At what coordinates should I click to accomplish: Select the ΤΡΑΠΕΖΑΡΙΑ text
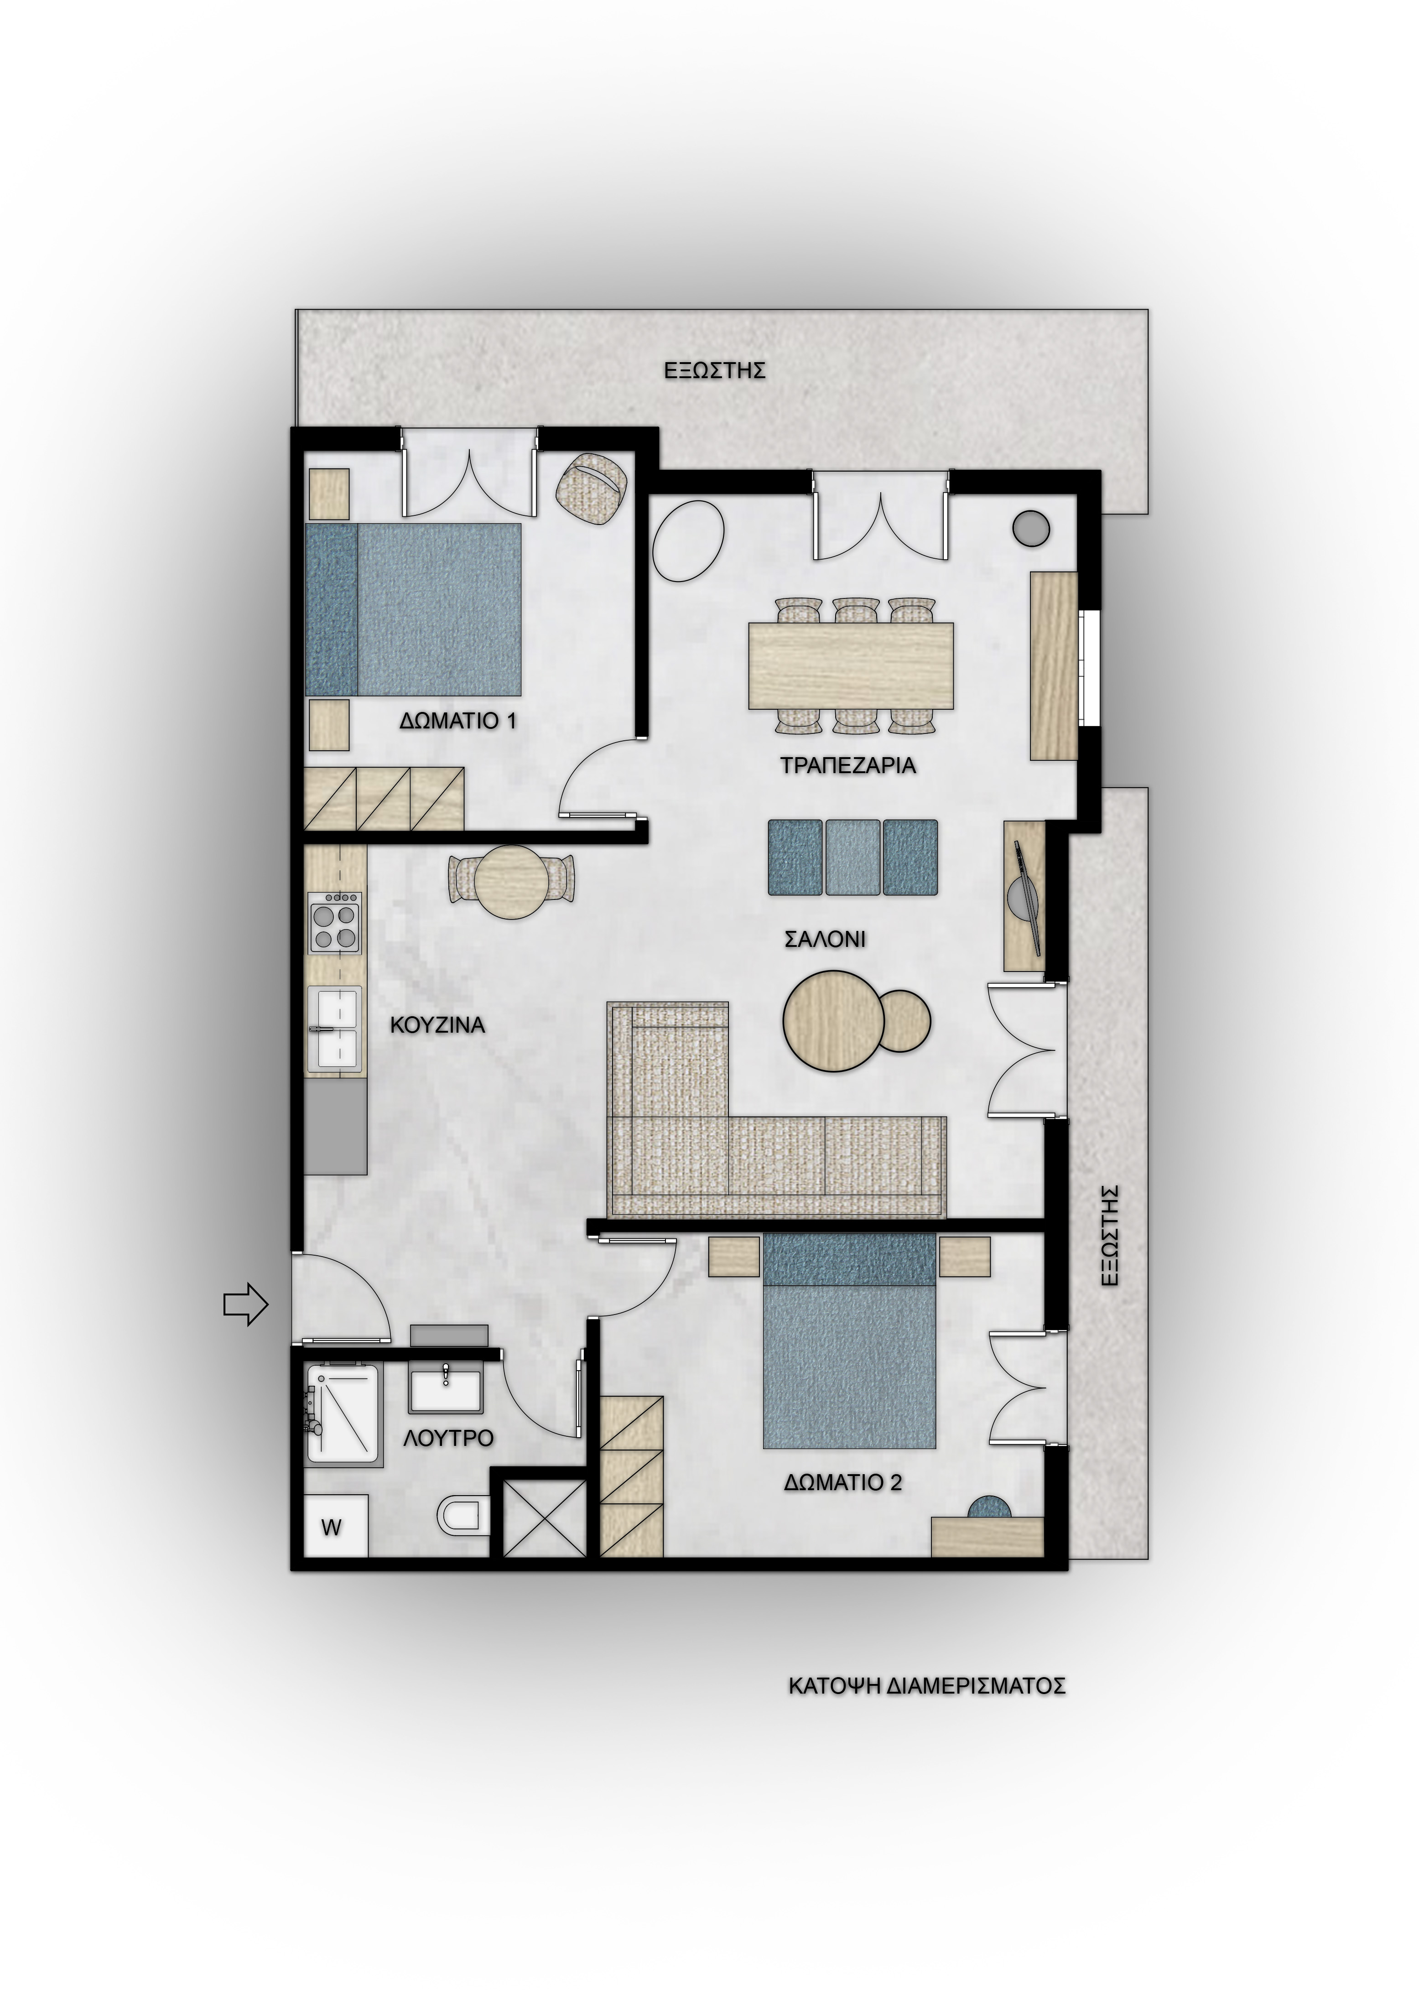pos(847,765)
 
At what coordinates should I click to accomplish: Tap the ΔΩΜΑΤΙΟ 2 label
pos(843,1483)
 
